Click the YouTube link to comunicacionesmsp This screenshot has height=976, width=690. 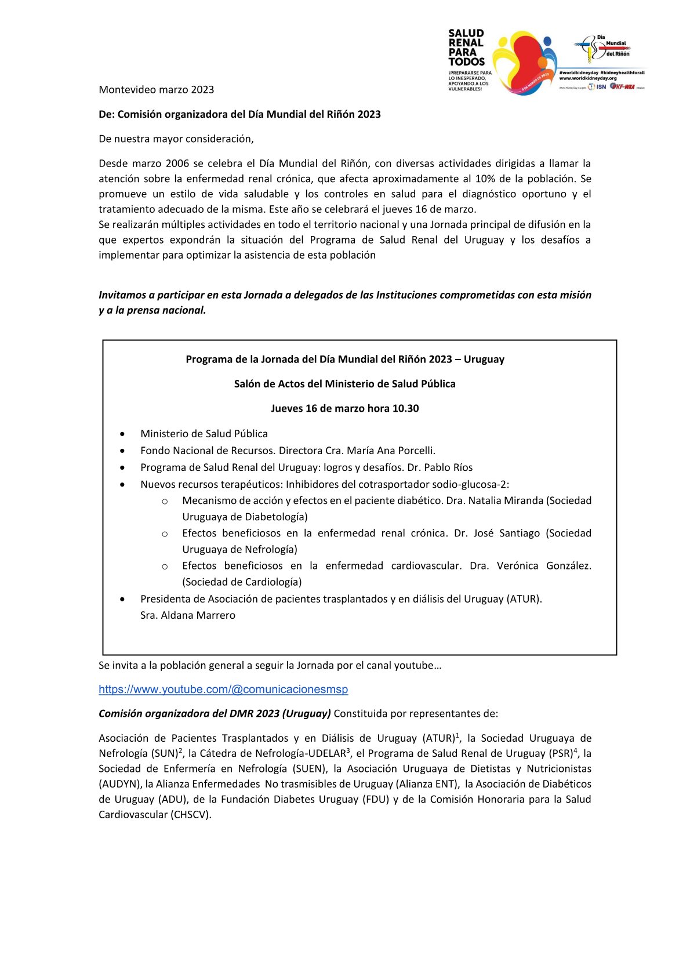[223, 690]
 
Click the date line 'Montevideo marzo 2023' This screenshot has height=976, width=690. [157, 89]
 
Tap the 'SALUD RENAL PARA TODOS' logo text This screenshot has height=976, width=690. [466, 48]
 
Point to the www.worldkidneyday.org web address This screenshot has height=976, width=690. [587, 78]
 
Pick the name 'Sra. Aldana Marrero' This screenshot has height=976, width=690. [188, 615]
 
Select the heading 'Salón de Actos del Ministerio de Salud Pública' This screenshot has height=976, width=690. [344, 384]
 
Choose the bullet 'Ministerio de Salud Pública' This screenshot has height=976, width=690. [204, 434]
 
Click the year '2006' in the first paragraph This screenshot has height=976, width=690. [177, 164]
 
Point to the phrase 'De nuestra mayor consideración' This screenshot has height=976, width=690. [176, 139]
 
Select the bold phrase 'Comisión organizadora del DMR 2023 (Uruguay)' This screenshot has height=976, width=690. [215, 713]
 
